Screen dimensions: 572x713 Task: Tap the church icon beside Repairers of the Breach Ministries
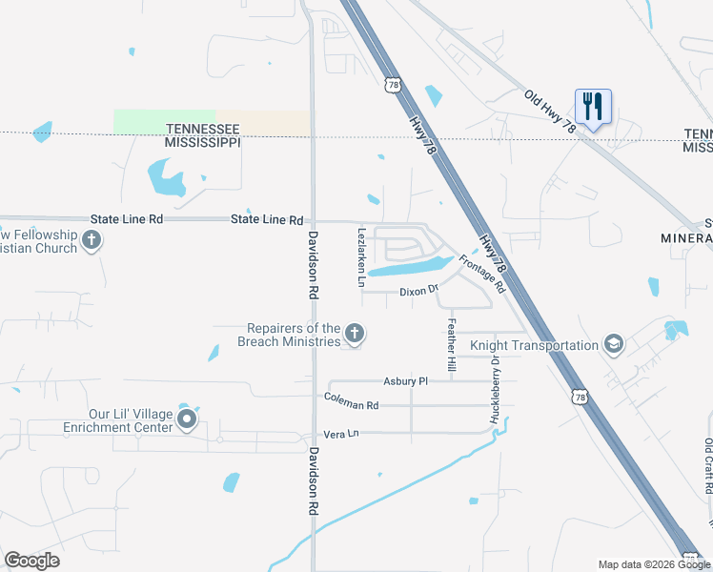pos(355,334)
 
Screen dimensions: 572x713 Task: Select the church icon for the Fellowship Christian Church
pos(92,240)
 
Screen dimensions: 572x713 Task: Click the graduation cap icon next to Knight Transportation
pos(614,345)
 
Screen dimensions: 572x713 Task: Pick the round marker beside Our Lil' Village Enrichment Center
pos(188,419)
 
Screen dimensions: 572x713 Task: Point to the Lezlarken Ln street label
pos(361,256)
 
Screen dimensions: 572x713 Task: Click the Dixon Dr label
pos(418,291)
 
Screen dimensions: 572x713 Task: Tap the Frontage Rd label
pos(481,274)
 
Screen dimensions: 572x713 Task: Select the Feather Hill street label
pos(452,344)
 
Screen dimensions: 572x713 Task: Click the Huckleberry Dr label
pos(495,389)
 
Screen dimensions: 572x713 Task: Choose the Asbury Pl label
pos(406,381)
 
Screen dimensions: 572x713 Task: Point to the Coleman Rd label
pos(351,403)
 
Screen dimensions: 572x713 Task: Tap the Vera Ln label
pos(341,433)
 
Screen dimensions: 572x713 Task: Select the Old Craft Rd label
pos(708,466)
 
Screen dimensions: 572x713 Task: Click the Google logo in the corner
pos(31,560)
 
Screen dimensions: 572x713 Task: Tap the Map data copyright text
pos(653,564)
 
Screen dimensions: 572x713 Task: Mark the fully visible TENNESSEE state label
pos(201,128)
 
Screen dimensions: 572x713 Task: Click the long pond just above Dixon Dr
pos(407,268)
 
